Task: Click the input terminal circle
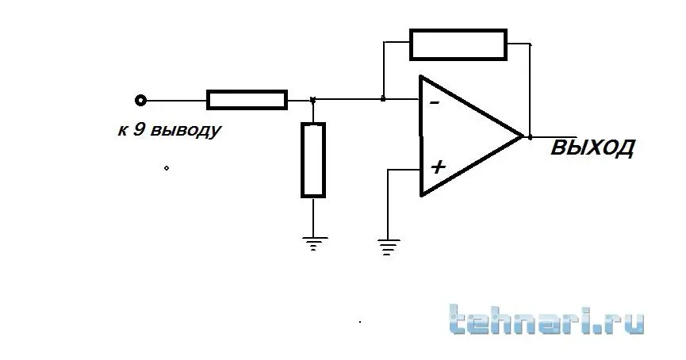[x=140, y=101]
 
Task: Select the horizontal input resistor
[x=247, y=100]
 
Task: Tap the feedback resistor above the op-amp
[x=458, y=44]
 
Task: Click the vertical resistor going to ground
[x=313, y=160]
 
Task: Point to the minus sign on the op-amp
[x=435, y=103]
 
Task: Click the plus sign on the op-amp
[x=438, y=167]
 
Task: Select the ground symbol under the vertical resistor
[x=313, y=243]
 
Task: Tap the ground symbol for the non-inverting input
[x=388, y=247]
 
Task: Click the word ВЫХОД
[x=592, y=147]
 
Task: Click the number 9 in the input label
[x=138, y=130]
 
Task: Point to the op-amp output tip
[x=523, y=136]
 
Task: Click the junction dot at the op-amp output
[x=531, y=137]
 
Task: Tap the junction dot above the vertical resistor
[x=312, y=101]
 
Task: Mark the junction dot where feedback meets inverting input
[x=383, y=99]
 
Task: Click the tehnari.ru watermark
[x=546, y=320]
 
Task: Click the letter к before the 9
[x=122, y=131]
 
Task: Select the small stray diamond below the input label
[x=167, y=168]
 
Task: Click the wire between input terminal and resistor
[x=176, y=101]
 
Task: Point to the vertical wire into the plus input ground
[x=388, y=204]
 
